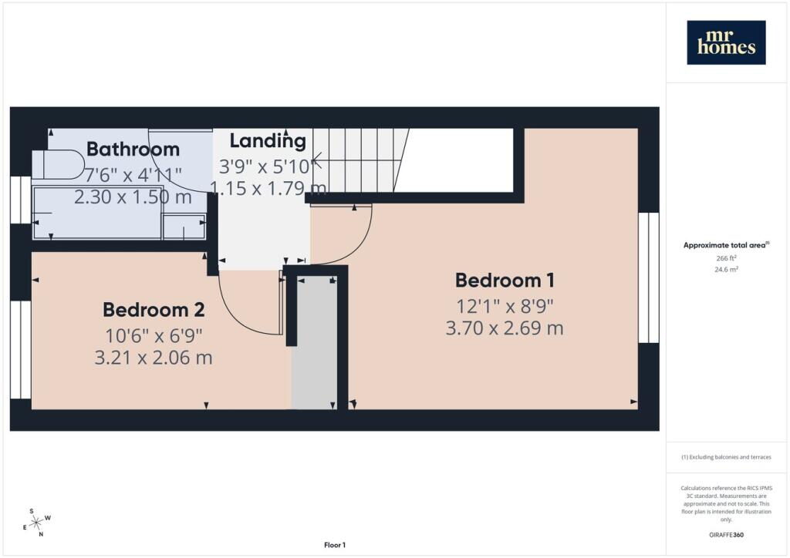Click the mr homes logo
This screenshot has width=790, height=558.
(x=726, y=42)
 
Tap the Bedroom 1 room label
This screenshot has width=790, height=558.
(x=505, y=281)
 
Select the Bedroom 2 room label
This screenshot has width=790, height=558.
(x=154, y=310)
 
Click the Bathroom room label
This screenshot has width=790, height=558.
(x=133, y=149)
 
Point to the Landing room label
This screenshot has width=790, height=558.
(x=268, y=141)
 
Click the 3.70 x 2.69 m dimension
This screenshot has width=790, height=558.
(x=505, y=328)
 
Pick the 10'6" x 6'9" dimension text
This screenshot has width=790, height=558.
(x=154, y=335)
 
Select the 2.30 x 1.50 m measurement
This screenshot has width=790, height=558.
(x=133, y=197)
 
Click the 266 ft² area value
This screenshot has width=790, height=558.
(x=726, y=258)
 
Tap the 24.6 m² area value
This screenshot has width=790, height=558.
(x=726, y=269)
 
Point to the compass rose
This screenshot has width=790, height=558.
(x=37, y=523)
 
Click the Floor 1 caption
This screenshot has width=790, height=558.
(x=335, y=545)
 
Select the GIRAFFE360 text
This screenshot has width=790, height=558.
(x=726, y=535)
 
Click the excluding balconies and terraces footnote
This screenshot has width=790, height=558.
(x=726, y=457)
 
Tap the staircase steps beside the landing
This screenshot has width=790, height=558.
(x=361, y=160)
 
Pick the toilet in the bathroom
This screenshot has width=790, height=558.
(x=58, y=164)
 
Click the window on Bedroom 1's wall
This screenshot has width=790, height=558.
(x=648, y=277)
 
